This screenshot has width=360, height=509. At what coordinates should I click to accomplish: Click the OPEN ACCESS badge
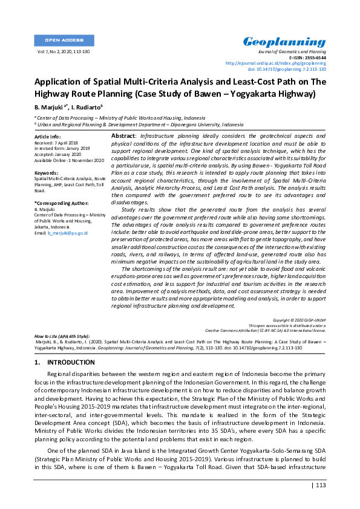[x=64, y=41]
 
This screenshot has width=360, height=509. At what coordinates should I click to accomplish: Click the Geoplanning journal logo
[x=284, y=42]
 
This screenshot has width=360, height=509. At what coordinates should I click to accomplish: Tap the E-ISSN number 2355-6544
[x=313, y=57]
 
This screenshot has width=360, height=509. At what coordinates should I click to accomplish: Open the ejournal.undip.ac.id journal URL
[x=275, y=63]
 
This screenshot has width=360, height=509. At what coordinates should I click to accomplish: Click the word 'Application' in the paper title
[x=59, y=82]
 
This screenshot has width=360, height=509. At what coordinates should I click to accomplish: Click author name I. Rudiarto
[x=88, y=107]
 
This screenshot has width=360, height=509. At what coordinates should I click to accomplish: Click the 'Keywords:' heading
[x=46, y=173]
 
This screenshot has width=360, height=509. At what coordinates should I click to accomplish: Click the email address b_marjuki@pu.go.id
[x=68, y=232]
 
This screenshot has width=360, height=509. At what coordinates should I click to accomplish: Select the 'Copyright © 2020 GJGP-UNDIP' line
[x=299, y=319]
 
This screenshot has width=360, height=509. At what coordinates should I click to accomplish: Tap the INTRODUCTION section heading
[x=71, y=363]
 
